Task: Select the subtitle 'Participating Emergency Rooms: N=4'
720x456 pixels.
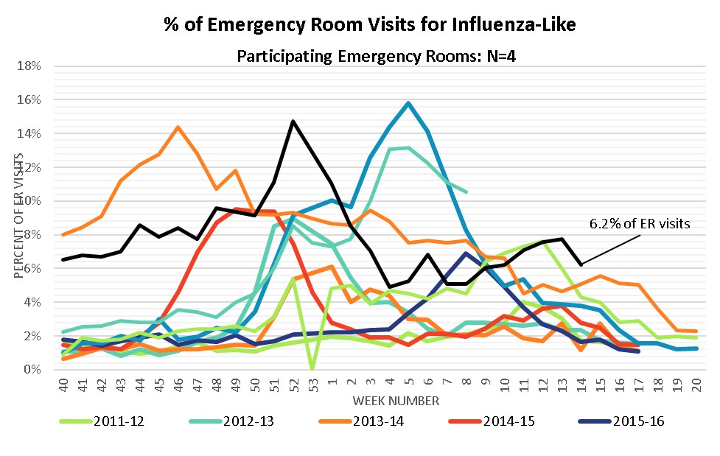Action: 369,55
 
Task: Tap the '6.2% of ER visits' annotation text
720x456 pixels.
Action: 640,223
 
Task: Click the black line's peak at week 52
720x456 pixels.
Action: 293,121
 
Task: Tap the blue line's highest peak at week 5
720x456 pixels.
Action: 408,103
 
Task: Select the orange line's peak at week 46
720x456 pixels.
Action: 178,127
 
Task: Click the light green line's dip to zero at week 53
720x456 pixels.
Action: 312,368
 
